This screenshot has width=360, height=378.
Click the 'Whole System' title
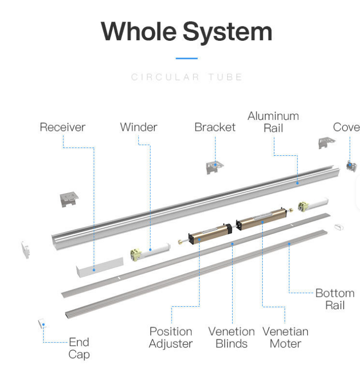(x=186, y=31)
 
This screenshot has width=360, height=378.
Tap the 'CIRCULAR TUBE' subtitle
(x=187, y=77)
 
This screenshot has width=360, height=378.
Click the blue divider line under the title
(x=186, y=58)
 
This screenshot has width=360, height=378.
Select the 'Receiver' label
(x=62, y=127)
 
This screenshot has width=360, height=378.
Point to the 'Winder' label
(x=139, y=127)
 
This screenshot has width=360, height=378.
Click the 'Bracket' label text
(x=215, y=127)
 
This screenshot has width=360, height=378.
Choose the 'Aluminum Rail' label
(x=273, y=122)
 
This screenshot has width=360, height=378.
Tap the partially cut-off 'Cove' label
(x=346, y=127)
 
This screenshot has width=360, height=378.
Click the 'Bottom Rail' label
(x=334, y=299)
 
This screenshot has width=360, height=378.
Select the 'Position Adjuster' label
(x=171, y=337)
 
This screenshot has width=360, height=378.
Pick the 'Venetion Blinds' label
(x=232, y=337)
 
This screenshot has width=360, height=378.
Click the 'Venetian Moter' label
(x=285, y=337)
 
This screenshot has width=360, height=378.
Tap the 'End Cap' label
(x=79, y=348)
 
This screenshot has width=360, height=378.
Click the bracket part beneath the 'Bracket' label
(x=214, y=167)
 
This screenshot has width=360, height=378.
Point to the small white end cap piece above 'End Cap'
(x=42, y=323)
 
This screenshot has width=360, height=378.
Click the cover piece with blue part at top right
(x=351, y=166)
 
